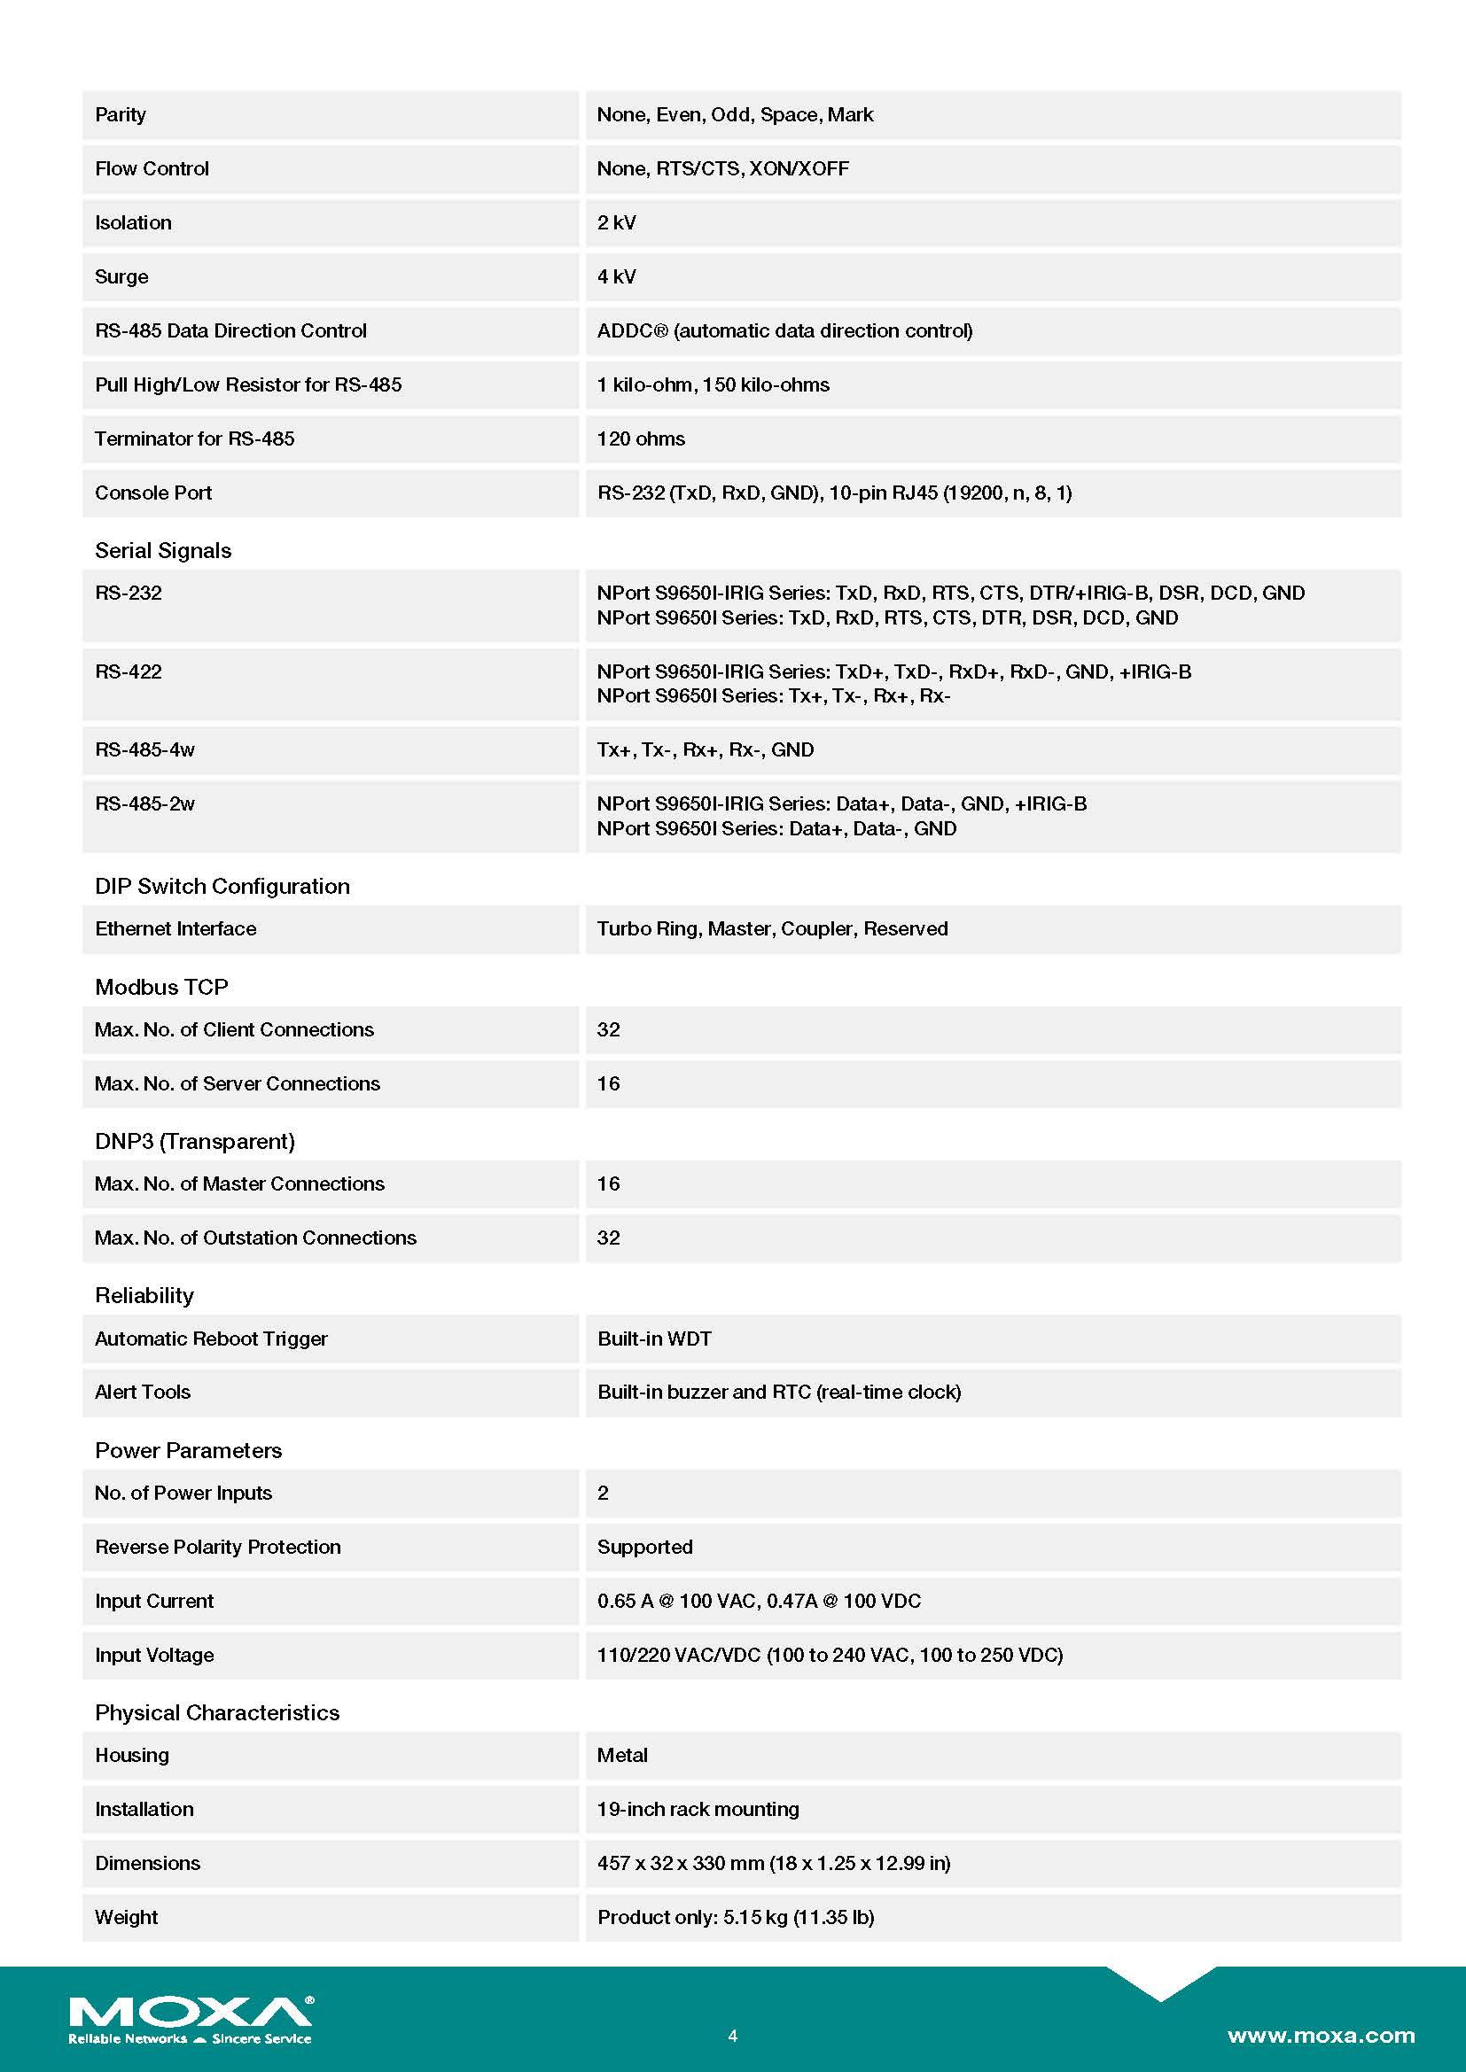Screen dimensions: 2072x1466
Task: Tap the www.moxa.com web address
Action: pyautogui.click(x=1321, y=2035)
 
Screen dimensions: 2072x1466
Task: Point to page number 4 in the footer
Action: pyautogui.click(x=732, y=2036)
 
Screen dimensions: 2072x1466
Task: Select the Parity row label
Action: pyautogui.click(x=120, y=114)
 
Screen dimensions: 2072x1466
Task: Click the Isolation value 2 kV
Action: pyautogui.click(x=617, y=223)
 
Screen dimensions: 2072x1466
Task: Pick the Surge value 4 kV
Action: pyautogui.click(x=617, y=277)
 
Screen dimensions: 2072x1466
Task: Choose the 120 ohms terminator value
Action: pyautogui.click(x=641, y=439)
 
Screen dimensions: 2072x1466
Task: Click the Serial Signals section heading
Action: pyautogui.click(x=162, y=550)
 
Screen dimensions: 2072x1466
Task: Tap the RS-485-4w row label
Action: pyautogui.click(x=144, y=750)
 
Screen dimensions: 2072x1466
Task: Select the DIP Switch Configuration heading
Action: pyautogui.click(x=222, y=886)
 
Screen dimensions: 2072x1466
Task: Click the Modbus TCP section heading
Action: pyautogui.click(x=161, y=987)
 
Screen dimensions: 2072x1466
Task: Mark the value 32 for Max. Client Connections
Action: pyautogui.click(x=608, y=1029)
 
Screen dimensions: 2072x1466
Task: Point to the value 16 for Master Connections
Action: pyautogui.click(x=608, y=1184)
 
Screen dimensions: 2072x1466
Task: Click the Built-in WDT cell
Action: pyautogui.click(x=654, y=1339)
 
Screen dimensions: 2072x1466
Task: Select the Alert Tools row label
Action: pyautogui.click(x=143, y=1393)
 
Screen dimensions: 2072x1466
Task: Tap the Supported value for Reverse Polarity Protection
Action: pyautogui.click(x=644, y=1548)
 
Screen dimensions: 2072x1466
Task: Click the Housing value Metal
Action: pyautogui.click(x=622, y=1755)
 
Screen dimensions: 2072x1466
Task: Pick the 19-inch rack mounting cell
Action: pyautogui.click(x=698, y=1810)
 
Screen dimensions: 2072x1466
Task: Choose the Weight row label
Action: pyautogui.click(x=127, y=1918)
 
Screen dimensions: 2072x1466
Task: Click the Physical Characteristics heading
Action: pyautogui.click(x=216, y=1713)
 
